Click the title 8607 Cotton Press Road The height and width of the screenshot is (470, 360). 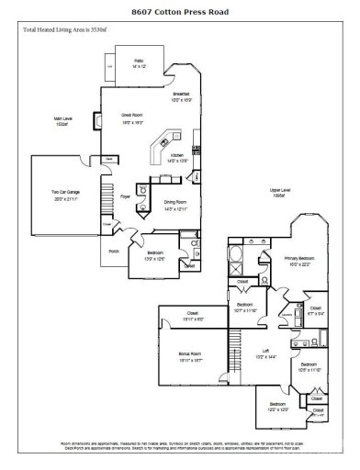pos(180,13)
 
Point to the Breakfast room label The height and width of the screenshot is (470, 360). pos(181,97)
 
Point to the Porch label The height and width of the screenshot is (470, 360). pos(115,250)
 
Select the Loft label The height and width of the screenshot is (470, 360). pos(260,352)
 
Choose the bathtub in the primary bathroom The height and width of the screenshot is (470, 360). pos(231,252)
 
